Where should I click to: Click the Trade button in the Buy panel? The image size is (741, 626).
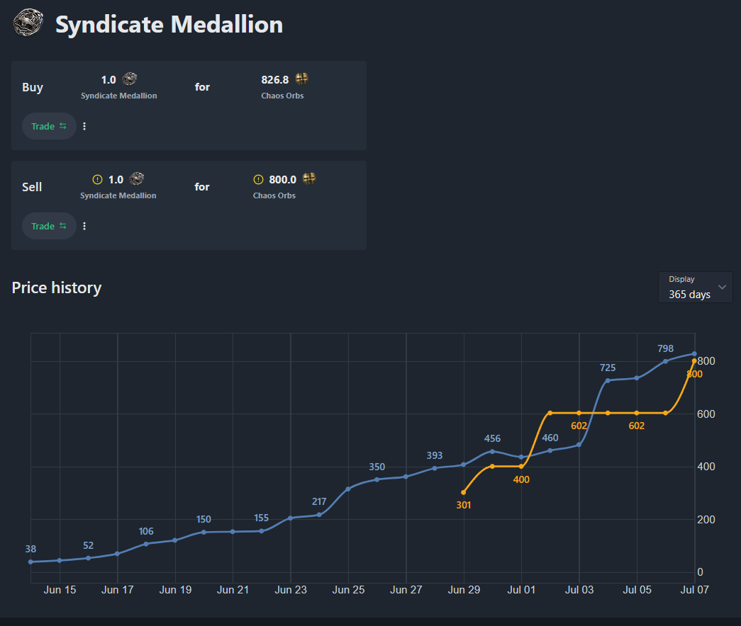[x=48, y=126]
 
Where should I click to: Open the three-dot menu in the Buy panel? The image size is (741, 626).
[x=84, y=126]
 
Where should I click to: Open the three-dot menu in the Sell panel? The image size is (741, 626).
[x=84, y=226]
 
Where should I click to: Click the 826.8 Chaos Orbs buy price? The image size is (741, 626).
[x=275, y=79]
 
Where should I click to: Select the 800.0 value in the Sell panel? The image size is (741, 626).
[x=282, y=180]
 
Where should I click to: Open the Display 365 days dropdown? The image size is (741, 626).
[x=695, y=288]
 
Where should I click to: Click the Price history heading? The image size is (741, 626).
[x=57, y=288]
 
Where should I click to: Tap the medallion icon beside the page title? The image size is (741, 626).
[x=27, y=23]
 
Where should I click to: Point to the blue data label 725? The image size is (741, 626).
[x=608, y=368]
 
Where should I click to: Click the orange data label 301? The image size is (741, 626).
[x=464, y=505]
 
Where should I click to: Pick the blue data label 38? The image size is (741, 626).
[x=30, y=549]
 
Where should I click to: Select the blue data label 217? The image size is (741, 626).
[x=319, y=502]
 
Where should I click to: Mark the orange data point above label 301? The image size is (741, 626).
[x=464, y=492]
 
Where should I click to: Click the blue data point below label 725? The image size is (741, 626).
[x=608, y=380]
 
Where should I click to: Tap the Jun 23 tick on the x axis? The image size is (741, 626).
[x=291, y=589]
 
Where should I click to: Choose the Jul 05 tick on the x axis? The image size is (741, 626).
[x=637, y=589]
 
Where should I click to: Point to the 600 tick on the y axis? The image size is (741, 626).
[x=707, y=414]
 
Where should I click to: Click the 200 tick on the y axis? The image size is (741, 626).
[x=707, y=520]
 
